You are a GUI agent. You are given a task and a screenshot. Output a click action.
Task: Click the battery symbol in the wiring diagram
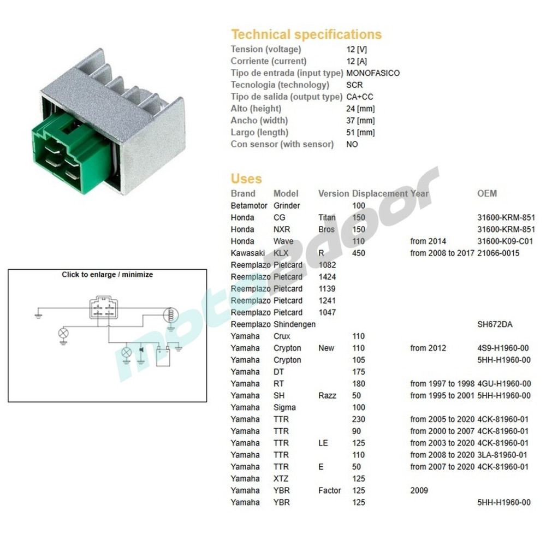(163, 356)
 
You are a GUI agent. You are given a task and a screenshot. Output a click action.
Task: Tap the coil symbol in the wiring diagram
(170, 315)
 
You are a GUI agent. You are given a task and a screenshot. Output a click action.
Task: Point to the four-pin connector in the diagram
(104, 307)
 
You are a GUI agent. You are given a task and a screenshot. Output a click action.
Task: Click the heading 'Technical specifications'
(306, 34)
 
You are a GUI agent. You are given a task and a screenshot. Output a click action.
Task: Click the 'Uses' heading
(246, 179)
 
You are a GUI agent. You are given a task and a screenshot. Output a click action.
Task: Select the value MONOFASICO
(373, 73)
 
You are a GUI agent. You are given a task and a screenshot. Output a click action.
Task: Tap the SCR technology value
(354, 85)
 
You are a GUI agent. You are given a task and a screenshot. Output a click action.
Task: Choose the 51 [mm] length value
(360, 132)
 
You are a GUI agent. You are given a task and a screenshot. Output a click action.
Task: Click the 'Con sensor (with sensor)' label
(282, 144)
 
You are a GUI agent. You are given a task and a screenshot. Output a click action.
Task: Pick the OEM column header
(487, 194)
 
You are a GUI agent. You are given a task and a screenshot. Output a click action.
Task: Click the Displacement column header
(379, 194)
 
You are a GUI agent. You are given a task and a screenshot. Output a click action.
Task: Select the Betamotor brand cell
(249, 206)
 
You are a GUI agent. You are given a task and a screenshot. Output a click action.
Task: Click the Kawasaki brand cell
(247, 253)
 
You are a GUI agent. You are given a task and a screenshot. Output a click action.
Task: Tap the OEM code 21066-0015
(498, 253)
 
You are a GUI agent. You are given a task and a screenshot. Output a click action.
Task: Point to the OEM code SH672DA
(495, 324)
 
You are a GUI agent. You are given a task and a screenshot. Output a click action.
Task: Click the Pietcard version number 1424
(327, 277)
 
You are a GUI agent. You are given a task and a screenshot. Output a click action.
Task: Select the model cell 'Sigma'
(284, 408)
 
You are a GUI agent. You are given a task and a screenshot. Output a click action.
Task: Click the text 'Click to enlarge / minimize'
(107, 275)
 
